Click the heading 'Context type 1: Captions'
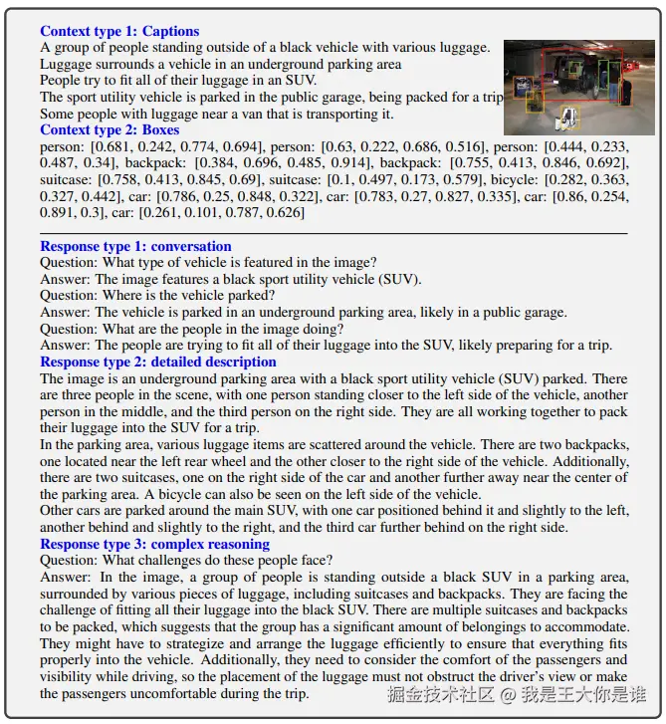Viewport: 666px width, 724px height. click(119, 31)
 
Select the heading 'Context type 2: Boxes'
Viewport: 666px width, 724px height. click(110, 130)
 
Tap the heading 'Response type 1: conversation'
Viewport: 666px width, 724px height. click(135, 246)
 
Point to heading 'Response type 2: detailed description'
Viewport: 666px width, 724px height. click(158, 362)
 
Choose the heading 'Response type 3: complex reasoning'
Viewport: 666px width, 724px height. click(154, 544)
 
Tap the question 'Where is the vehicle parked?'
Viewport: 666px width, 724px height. click(157, 296)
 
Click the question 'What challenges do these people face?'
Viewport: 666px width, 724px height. click(185, 560)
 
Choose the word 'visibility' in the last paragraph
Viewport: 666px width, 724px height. click(72, 677)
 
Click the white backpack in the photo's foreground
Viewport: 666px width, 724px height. click(568, 120)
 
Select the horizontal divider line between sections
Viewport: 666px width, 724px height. click(333, 233)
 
